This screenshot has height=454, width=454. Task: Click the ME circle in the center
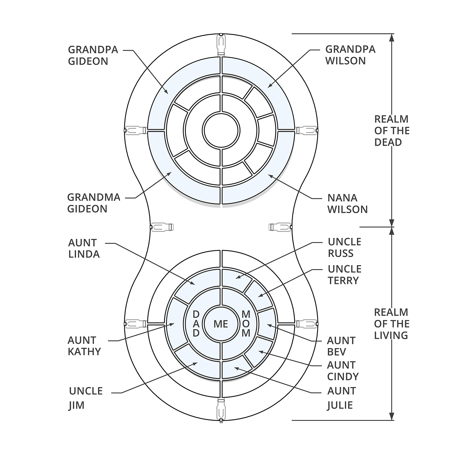(221, 324)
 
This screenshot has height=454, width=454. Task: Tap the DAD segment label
(196, 324)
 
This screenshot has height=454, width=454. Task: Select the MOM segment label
(246, 324)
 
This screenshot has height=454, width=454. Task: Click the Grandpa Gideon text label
(93, 55)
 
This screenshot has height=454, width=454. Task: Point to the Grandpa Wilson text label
(350, 55)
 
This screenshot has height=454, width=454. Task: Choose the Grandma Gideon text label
(94, 203)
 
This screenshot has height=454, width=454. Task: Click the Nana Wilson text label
(347, 203)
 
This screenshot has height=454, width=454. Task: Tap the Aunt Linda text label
(84, 248)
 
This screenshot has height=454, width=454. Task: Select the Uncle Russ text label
(344, 247)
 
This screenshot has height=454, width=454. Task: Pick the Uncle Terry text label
(344, 275)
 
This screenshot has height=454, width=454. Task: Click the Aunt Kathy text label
(84, 346)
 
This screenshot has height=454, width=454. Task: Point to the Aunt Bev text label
(341, 346)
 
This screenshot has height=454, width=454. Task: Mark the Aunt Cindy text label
(343, 371)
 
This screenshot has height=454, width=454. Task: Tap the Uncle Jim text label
(86, 398)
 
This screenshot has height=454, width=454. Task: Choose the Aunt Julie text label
(341, 398)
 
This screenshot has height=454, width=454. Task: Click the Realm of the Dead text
(392, 131)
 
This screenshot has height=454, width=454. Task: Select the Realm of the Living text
(391, 324)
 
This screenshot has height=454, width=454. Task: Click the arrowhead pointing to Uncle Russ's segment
(237, 277)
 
